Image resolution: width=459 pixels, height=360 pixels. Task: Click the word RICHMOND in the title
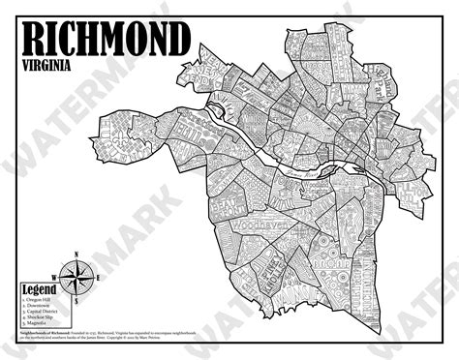coord(105,39)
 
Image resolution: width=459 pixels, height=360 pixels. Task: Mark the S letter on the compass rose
coord(76,300)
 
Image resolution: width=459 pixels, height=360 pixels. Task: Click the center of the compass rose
coord(76,276)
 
